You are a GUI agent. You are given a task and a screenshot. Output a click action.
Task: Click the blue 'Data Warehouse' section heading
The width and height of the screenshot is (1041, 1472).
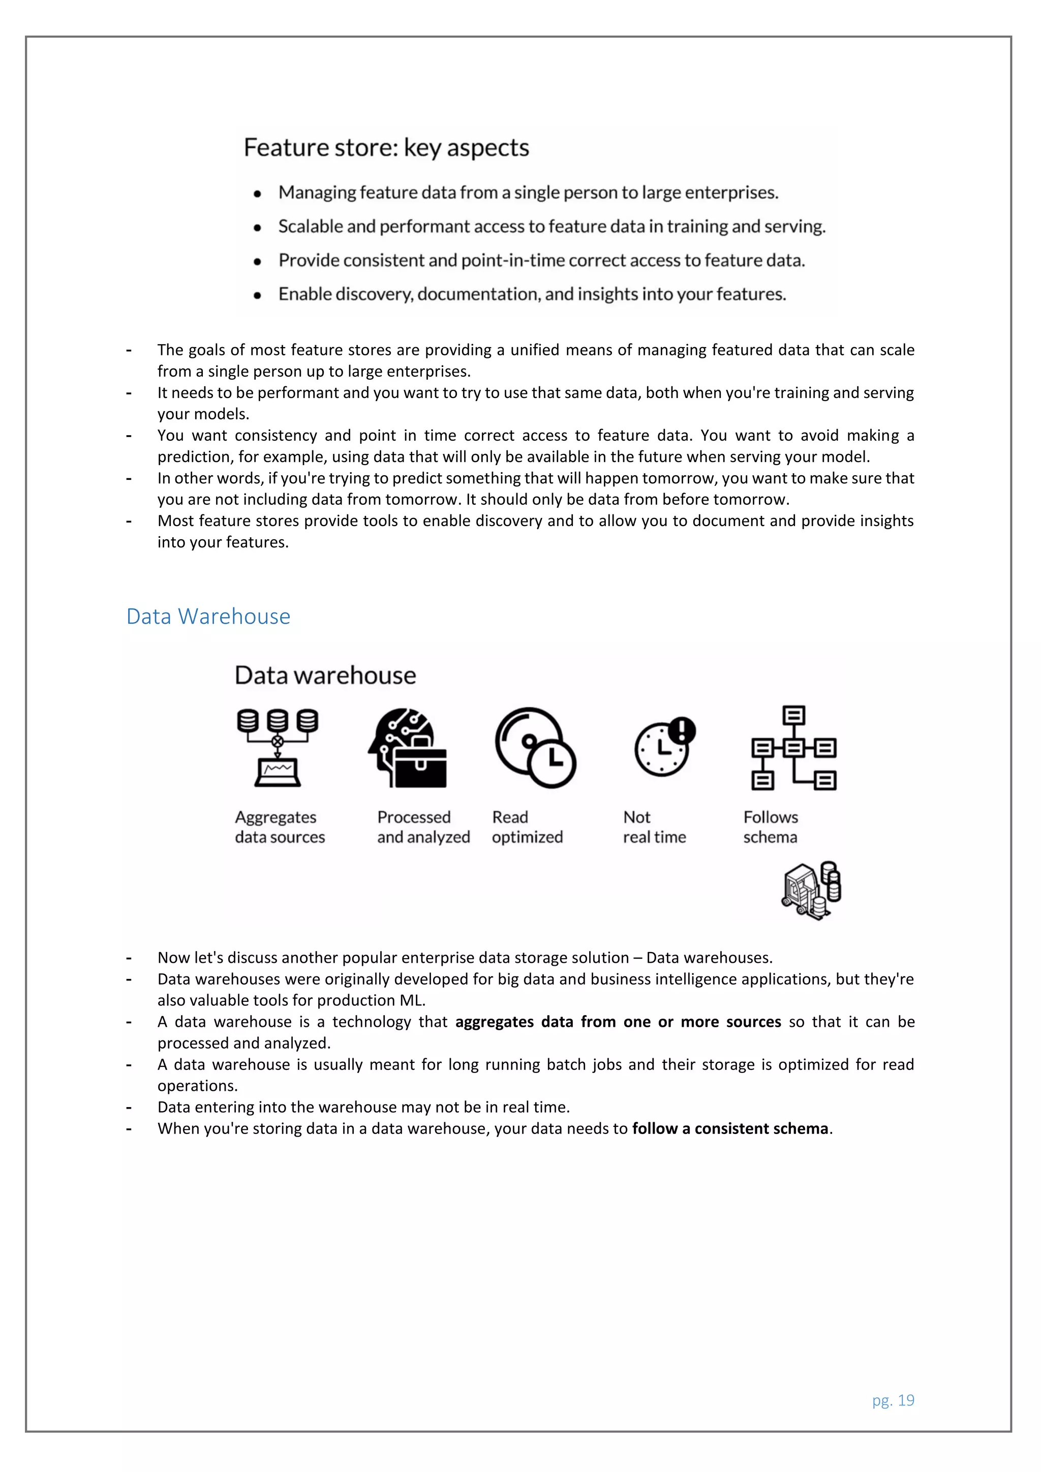(208, 616)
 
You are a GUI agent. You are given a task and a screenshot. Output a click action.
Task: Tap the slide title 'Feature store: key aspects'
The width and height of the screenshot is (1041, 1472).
(386, 147)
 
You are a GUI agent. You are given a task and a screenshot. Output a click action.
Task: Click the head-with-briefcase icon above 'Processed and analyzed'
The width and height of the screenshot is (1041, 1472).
(408, 748)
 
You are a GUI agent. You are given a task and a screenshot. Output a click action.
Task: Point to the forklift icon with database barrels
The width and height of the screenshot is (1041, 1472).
(811, 891)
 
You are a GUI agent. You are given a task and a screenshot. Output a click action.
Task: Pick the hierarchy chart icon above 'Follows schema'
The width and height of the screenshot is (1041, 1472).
(793, 748)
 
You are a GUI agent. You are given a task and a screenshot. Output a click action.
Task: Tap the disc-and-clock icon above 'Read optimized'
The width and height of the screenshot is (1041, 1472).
(535, 748)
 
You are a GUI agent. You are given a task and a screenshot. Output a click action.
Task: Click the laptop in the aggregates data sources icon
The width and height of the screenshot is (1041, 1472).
(278, 773)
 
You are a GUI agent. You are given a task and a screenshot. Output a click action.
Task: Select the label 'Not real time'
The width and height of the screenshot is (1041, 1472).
(654, 827)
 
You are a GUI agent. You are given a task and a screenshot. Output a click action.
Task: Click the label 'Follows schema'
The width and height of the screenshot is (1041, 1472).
(771, 827)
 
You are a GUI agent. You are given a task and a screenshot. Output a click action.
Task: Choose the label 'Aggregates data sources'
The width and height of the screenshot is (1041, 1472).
(280, 827)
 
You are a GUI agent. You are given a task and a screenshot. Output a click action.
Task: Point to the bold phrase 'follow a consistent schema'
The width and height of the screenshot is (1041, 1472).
(730, 1128)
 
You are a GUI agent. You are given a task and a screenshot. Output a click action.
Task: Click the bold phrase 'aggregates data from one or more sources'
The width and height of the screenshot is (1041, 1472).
(618, 1022)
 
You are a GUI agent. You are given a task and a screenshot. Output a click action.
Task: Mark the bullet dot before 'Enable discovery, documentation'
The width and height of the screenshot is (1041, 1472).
(258, 295)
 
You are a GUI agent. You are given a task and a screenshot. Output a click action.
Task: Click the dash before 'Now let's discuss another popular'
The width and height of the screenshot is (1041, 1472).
(129, 958)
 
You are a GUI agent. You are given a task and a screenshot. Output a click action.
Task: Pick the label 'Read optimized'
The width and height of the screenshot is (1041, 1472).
(527, 827)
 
